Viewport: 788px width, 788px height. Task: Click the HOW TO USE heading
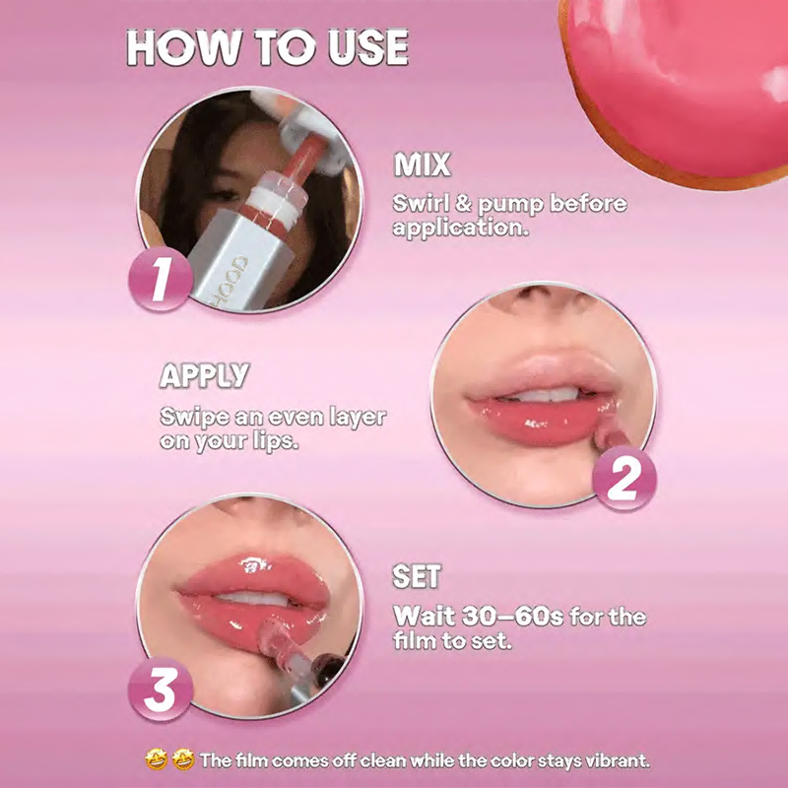pyautogui.click(x=267, y=47)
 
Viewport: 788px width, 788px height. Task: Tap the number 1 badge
pyautogui.click(x=161, y=279)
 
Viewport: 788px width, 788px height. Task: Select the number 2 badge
pyautogui.click(x=624, y=478)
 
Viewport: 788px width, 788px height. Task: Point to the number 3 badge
pyautogui.click(x=161, y=689)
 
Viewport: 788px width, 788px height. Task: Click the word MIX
pyautogui.click(x=423, y=164)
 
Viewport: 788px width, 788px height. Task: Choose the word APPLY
pyautogui.click(x=204, y=375)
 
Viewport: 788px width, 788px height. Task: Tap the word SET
pyautogui.click(x=417, y=576)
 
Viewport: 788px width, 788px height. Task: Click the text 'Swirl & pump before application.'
pyautogui.click(x=509, y=216)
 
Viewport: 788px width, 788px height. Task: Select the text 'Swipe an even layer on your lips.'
pyautogui.click(x=273, y=428)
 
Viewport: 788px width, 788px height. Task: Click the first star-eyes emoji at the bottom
pyautogui.click(x=157, y=759)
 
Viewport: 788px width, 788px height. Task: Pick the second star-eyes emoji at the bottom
pyautogui.click(x=183, y=759)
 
